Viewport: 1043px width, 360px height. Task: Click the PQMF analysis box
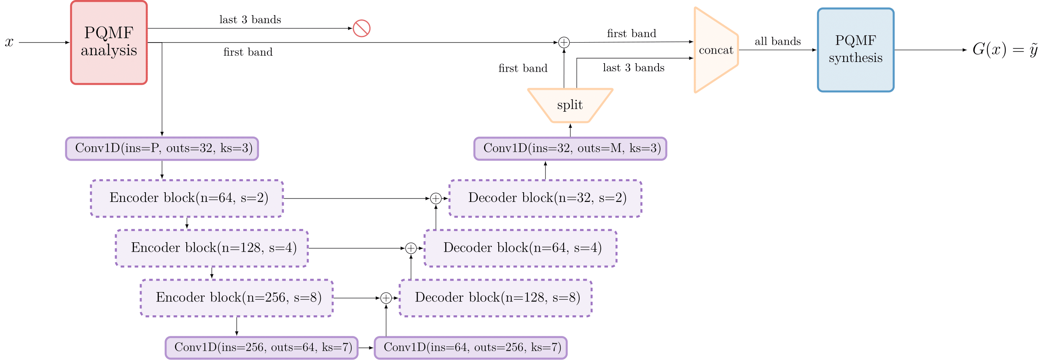pyautogui.click(x=109, y=42)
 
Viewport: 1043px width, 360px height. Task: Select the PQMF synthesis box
pyautogui.click(x=855, y=50)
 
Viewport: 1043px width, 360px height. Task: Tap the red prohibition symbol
pyautogui.click(x=361, y=28)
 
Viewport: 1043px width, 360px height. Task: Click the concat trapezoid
pyautogui.click(x=715, y=50)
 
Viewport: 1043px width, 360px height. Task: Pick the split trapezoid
pyautogui.click(x=570, y=105)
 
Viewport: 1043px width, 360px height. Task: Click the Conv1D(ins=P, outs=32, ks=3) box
pyautogui.click(x=162, y=148)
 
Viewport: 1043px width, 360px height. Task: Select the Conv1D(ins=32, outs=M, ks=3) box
pyautogui.click(x=570, y=148)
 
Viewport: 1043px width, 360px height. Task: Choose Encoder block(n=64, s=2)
pyautogui.click(x=187, y=198)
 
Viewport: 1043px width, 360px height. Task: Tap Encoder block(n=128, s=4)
pyautogui.click(x=212, y=248)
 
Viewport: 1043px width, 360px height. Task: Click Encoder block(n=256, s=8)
pyautogui.click(x=237, y=298)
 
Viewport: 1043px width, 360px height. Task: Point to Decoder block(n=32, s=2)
pyautogui.click(x=545, y=198)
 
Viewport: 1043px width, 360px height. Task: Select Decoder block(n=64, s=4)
pyautogui.click(x=520, y=248)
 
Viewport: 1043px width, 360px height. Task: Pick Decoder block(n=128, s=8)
pyautogui.click(x=495, y=298)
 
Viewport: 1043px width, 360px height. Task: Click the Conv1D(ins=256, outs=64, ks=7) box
pyautogui.click(x=261, y=347)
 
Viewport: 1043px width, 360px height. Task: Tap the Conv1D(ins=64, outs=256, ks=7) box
pyautogui.click(x=470, y=347)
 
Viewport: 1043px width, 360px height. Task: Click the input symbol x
pyautogui.click(x=9, y=42)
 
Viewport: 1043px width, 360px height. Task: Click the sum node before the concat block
pyautogui.click(x=564, y=42)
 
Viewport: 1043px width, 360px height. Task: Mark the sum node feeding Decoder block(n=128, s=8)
pyautogui.click(x=386, y=298)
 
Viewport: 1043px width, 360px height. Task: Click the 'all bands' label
pyautogui.click(x=777, y=41)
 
